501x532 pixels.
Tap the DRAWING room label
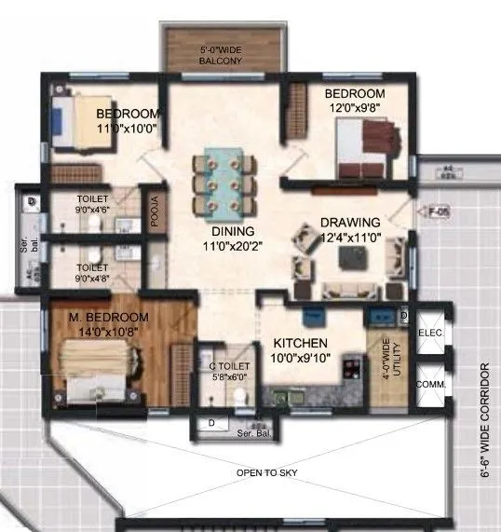coord(350,223)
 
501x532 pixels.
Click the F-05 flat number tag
coord(439,211)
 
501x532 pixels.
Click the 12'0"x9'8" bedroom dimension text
coord(354,108)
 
